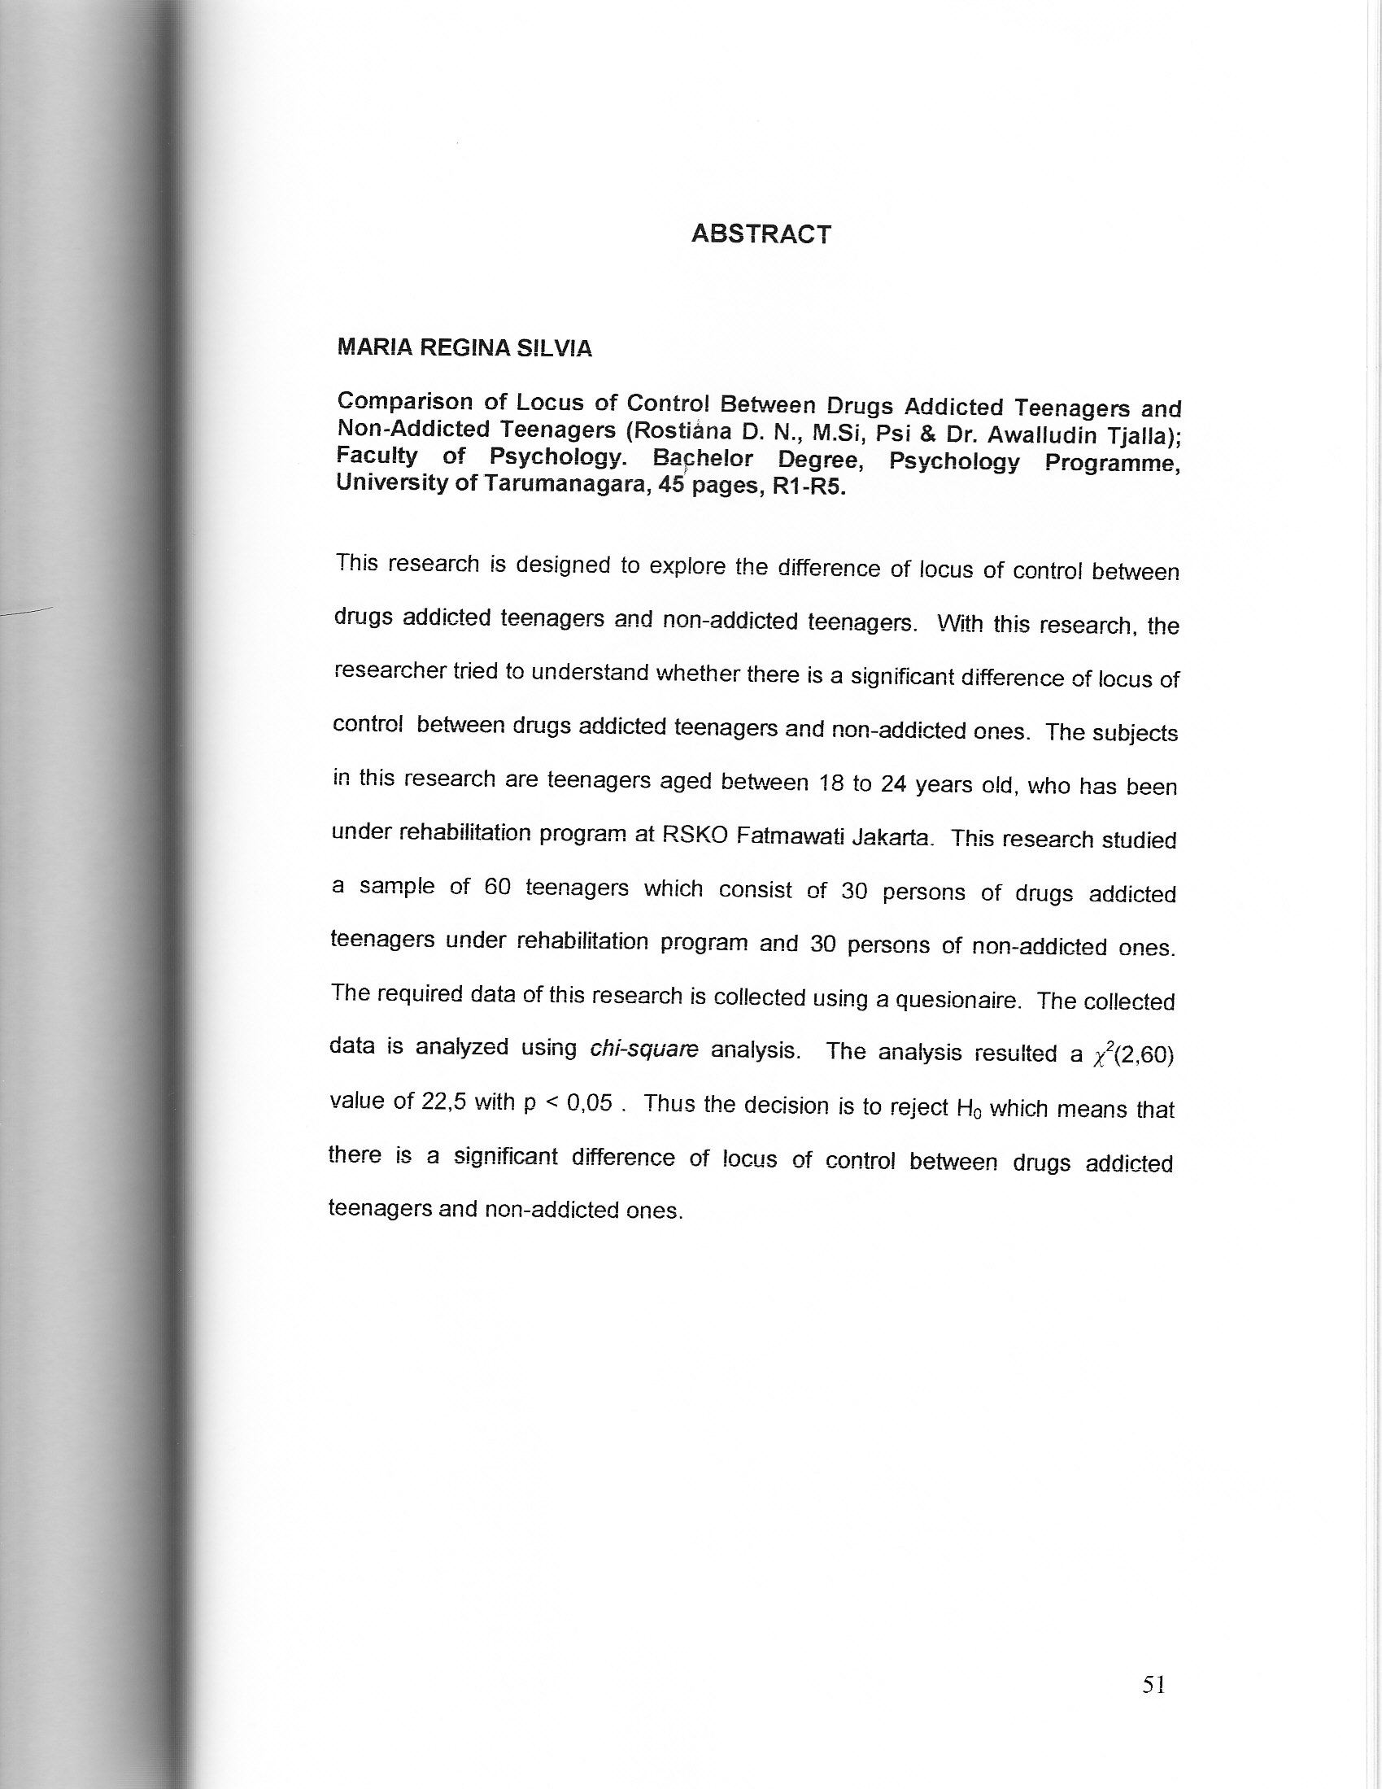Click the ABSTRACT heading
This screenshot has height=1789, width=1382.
tap(761, 234)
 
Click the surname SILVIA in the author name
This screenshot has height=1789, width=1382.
tap(554, 348)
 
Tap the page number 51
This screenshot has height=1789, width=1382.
tap(1153, 1684)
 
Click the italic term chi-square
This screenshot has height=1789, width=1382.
tap(644, 1049)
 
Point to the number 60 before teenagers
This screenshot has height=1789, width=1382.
tap(497, 887)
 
